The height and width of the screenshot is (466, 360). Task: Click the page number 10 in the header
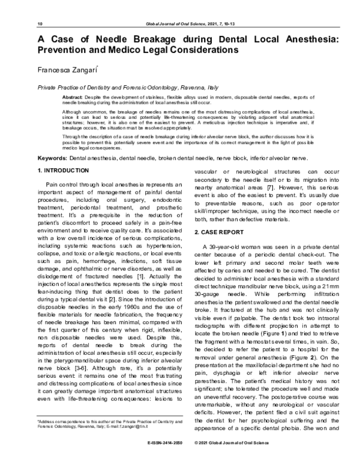(40, 23)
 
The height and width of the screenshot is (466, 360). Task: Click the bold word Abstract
(73, 96)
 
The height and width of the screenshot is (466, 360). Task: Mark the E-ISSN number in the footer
(163, 458)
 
